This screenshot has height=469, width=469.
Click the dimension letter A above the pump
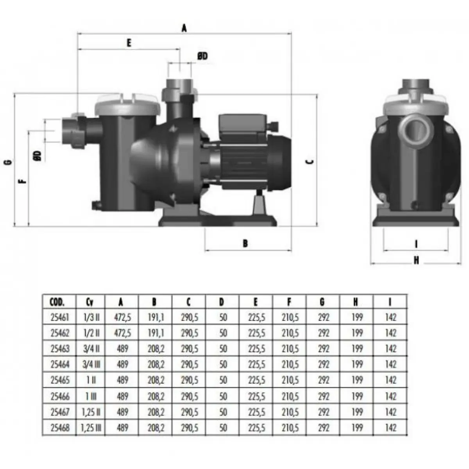[x=184, y=28]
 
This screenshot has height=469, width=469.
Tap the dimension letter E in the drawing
[x=129, y=43]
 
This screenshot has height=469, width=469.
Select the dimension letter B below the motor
[x=245, y=243]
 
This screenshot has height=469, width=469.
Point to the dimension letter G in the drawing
[x=9, y=162]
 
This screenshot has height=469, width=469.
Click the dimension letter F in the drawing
[x=23, y=181]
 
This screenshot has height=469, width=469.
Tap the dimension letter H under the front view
[x=416, y=260]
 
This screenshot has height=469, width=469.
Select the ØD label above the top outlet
[x=202, y=56]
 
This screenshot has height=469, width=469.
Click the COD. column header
[x=57, y=302]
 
